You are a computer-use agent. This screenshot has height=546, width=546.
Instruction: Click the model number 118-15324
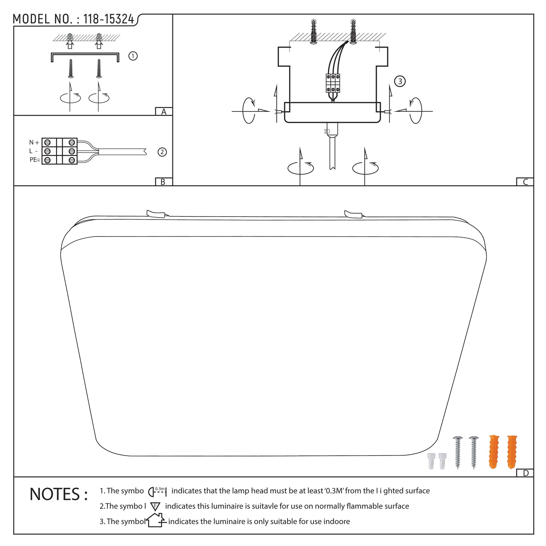pos(108,19)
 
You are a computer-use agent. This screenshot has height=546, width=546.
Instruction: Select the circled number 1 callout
pos(133,56)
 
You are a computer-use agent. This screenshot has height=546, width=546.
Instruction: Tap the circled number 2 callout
pos(162,152)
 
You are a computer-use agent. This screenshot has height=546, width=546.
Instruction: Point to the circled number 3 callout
pos(400,81)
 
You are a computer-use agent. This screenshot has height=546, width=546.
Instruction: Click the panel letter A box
pos(164,111)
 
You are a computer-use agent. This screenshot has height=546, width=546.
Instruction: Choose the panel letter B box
pos(164,182)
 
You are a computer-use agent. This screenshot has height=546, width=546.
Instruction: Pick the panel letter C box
pos(525,182)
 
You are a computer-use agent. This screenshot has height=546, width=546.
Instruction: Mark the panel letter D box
pos(525,473)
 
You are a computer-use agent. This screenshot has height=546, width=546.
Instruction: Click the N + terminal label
pos(34,142)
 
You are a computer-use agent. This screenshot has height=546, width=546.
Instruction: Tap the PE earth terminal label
pos(35,160)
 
